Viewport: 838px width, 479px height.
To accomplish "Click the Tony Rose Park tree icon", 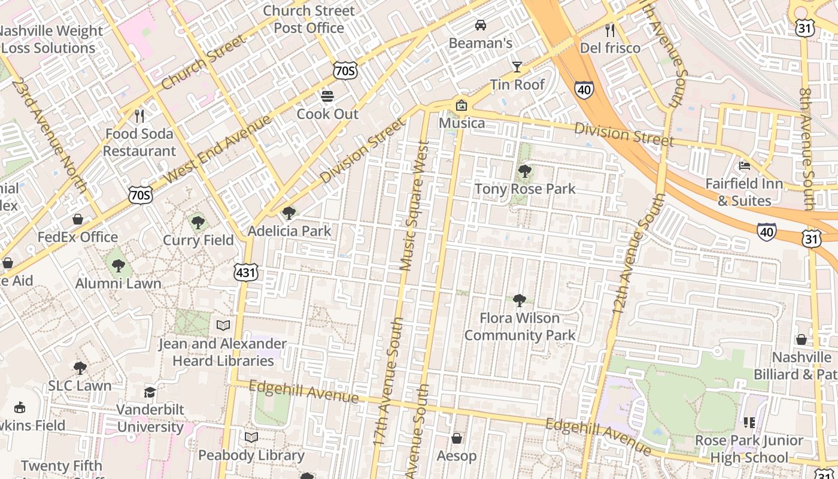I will [x=525, y=171].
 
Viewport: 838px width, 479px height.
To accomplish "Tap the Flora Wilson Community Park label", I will [x=520, y=326].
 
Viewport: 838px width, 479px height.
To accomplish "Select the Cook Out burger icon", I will [x=327, y=96].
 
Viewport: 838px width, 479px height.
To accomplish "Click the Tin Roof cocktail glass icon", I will [x=517, y=66].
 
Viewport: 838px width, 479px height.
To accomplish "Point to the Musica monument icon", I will [x=461, y=105].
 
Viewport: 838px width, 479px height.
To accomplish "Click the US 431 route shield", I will [x=246, y=273].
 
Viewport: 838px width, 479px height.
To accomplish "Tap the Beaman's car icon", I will [x=480, y=25].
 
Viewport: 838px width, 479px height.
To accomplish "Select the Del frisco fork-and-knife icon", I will [x=610, y=30].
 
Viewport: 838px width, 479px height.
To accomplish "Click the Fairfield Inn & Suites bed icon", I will [x=745, y=166].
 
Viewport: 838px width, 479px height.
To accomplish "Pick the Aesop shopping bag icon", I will [x=457, y=438].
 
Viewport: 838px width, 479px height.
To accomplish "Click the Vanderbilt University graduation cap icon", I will [x=150, y=392].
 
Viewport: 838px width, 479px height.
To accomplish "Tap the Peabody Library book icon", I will [x=251, y=437].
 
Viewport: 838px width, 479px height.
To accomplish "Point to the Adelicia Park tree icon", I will [x=289, y=213].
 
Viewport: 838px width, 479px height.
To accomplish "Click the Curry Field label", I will [x=198, y=240].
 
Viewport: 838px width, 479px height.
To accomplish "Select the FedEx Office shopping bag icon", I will [x=78, y=219].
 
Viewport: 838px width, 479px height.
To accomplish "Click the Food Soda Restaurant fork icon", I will [x=139, y=116].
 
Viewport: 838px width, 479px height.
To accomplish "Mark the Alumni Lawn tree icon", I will [x=119, y=265].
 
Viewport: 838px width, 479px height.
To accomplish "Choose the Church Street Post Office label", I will [x=309, y=19].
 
